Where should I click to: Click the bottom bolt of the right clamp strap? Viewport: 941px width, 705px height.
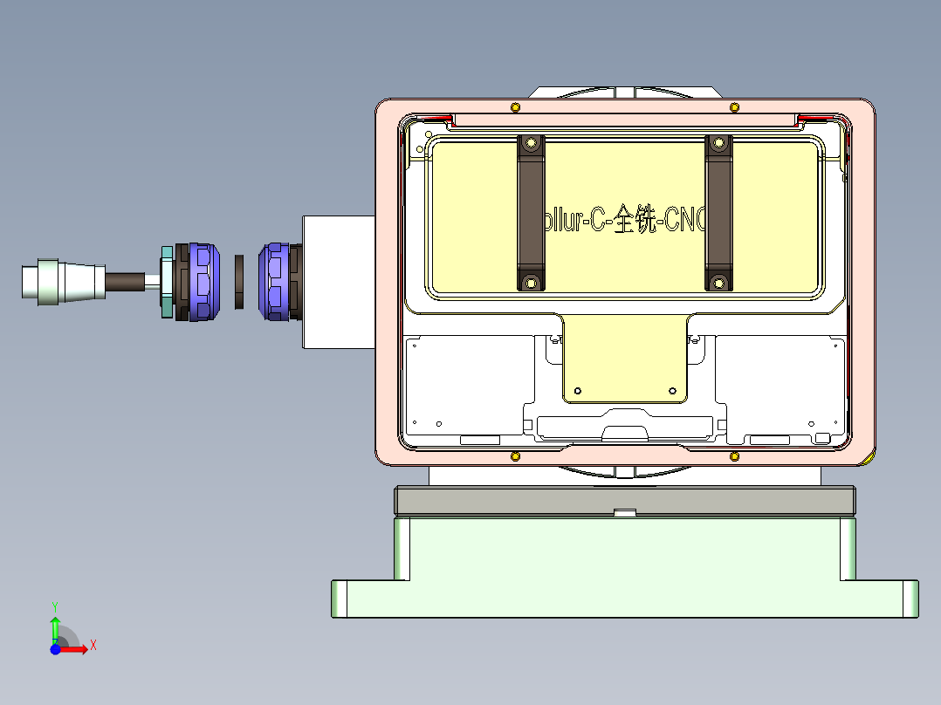(x=718, y=281)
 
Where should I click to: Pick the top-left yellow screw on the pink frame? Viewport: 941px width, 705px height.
(x=515, y=107)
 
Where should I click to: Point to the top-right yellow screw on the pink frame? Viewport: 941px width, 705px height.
(x=734, y=107)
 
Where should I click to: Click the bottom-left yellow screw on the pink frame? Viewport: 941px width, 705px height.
(x=515, y=455)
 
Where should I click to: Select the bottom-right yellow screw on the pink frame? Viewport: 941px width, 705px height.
(x=734, y=455)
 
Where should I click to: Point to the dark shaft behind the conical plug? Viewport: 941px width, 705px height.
(x=126, y=282)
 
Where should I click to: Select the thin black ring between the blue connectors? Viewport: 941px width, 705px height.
(x=240, y=283)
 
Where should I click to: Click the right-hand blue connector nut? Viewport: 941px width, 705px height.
(x=274, y=282)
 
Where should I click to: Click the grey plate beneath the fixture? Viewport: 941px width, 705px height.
(x=624, y=500)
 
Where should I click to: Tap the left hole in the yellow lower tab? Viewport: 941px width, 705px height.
(x=577, y=389)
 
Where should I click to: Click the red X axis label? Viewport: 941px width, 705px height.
(x=93, y=645)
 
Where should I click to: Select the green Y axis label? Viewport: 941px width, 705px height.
(x=55, y=606)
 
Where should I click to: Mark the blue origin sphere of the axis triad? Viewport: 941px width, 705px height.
(x=55, y=649)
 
